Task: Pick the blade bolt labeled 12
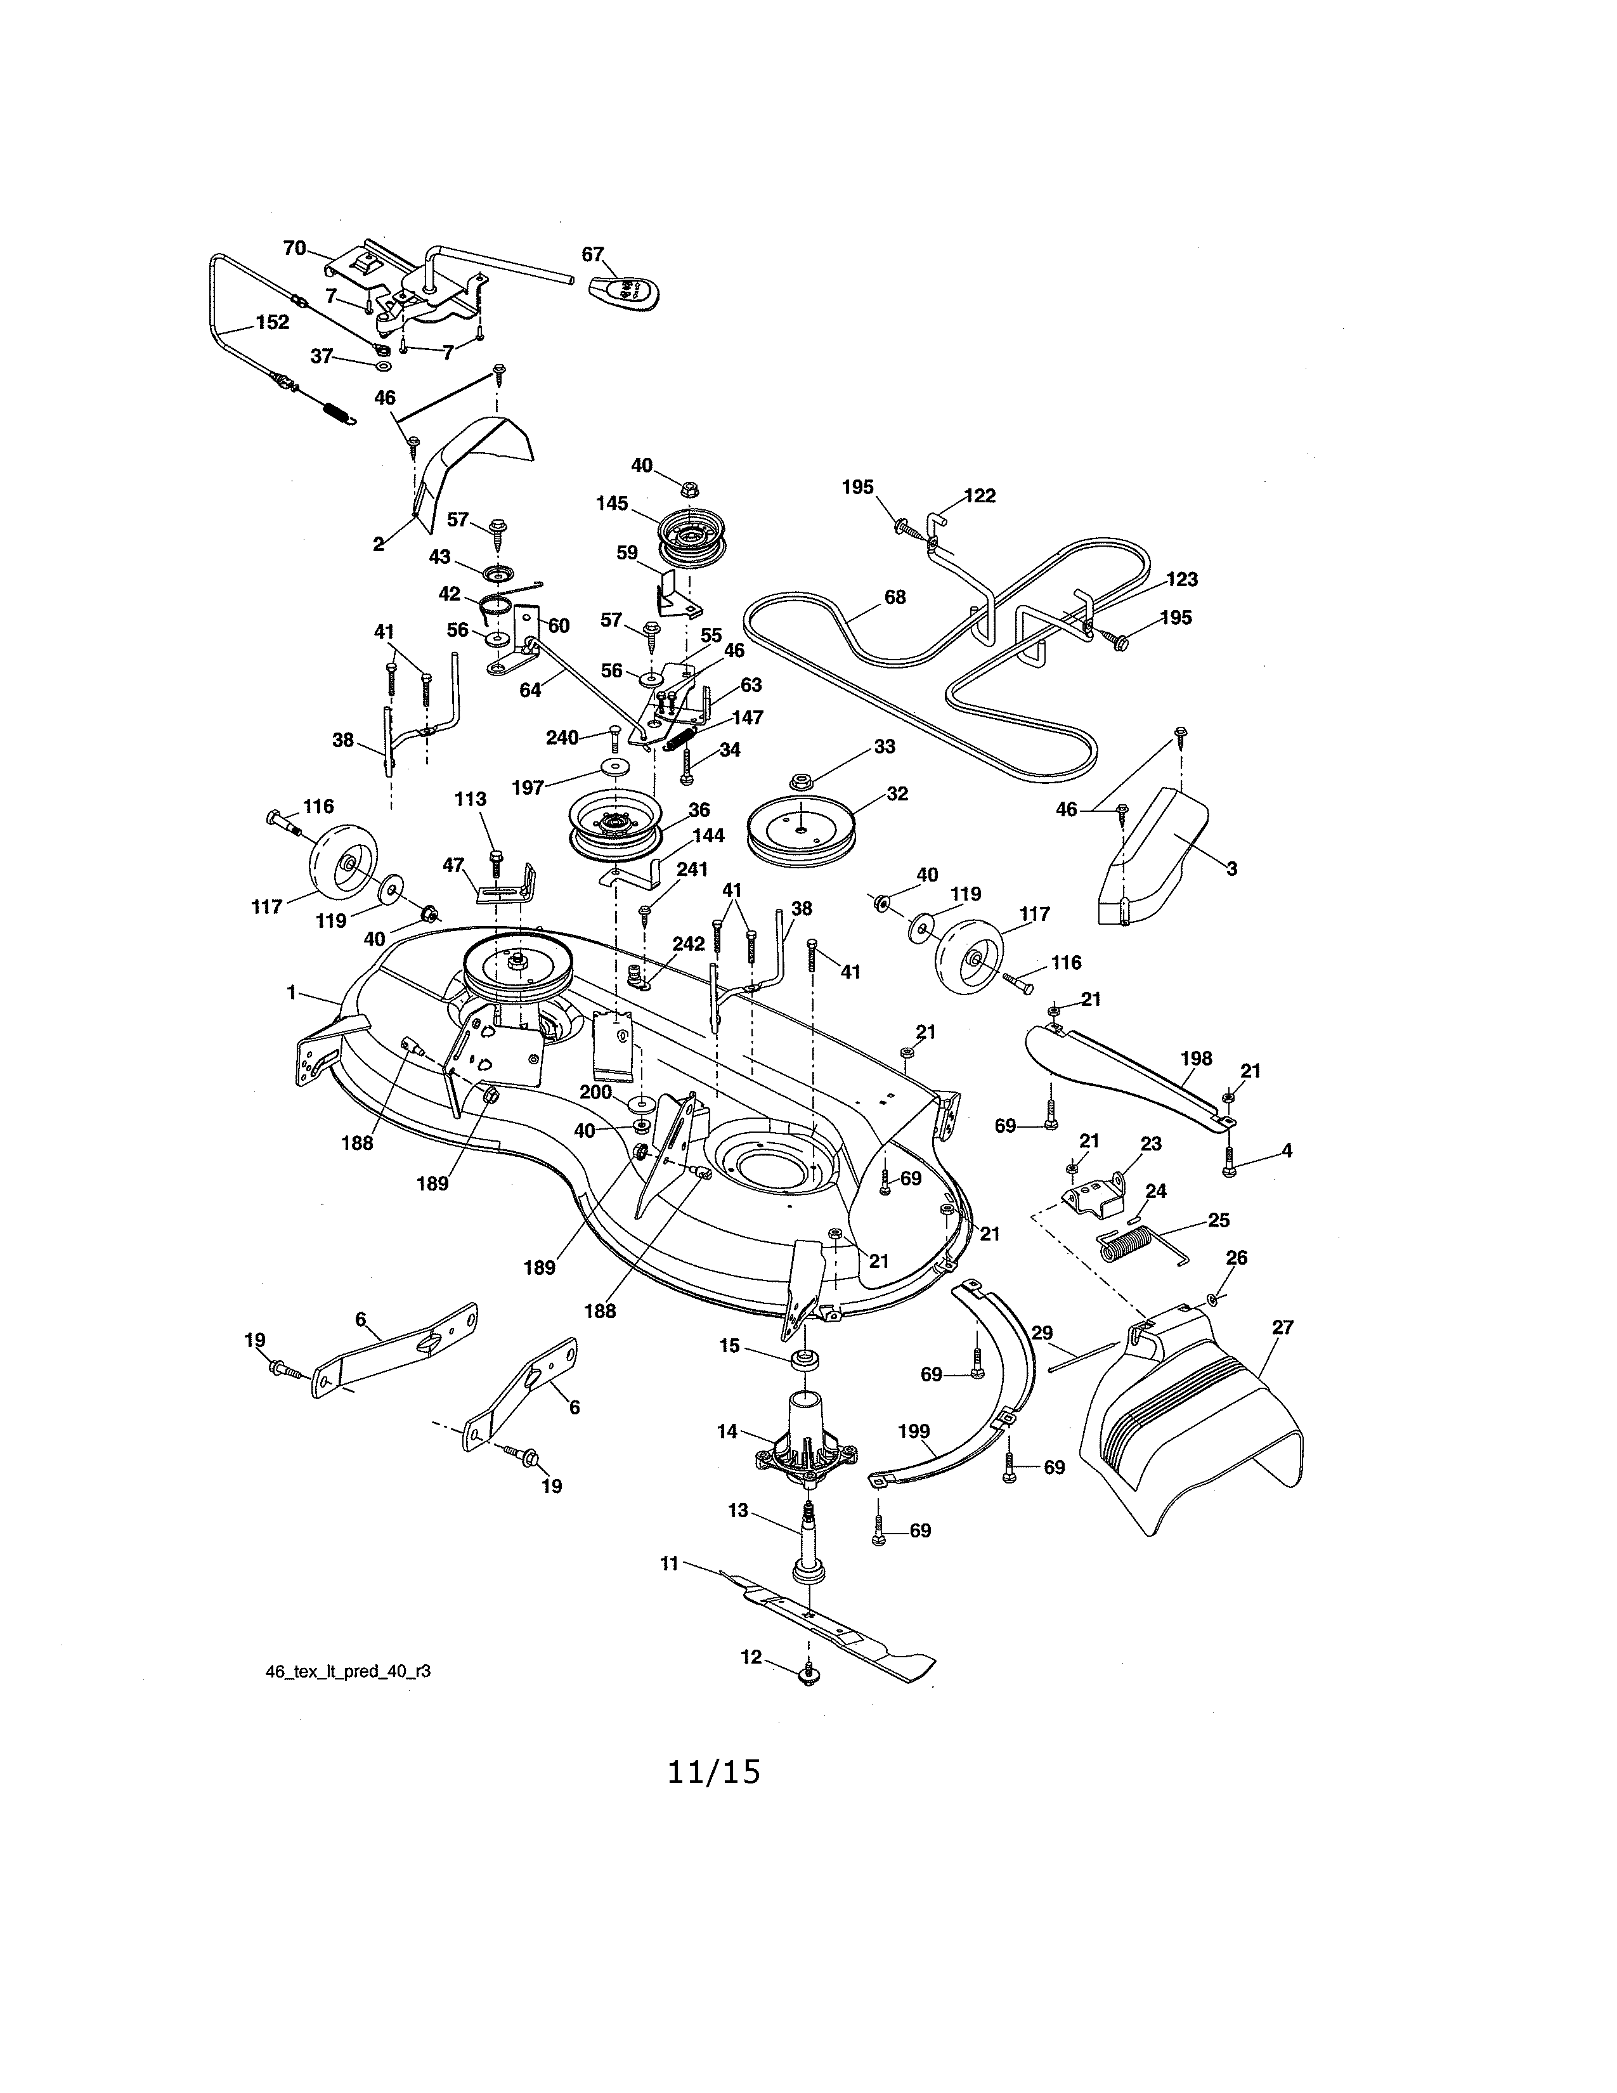click(x=810, y=1676)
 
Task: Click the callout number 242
click(x=688, y=944)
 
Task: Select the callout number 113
click(x=471, y=799)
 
